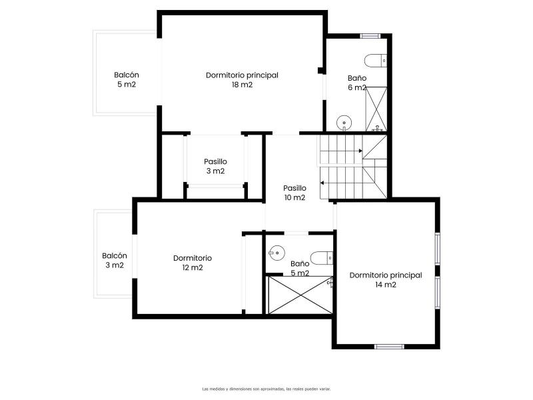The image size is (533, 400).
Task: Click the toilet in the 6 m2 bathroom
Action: coord(376,61)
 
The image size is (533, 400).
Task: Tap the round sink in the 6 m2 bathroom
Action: coord(344,123)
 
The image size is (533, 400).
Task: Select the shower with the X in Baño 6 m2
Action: coord(376,109)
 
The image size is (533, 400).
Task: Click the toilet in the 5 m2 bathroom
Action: coord(322,258)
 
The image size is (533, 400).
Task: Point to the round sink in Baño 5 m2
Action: coord(276,253)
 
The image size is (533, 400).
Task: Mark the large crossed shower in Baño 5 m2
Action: coord(300,295)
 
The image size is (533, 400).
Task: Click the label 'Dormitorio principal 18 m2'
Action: coord(242,80)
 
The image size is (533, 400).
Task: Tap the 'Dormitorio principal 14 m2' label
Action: coord(386,280)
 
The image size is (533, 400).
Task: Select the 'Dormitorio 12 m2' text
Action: coord(193,263)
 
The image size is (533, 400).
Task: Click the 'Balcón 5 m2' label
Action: coord(127,79)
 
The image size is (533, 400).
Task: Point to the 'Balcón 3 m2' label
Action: coord(115,261)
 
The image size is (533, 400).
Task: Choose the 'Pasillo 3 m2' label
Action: coord(215,166)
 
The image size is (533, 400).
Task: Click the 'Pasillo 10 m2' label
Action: coord(294,193)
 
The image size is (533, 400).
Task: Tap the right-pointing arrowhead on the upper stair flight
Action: coord(360,151)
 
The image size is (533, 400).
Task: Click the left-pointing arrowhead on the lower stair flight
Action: coord(322,183)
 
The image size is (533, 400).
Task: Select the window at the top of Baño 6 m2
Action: coord(370,36)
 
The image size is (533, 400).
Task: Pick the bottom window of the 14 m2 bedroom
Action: coord(389,347)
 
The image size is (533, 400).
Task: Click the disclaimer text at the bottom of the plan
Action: coord(266,389)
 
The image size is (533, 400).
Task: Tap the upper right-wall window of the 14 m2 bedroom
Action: coord(438,249)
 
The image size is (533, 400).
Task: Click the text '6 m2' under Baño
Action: coord(357,87)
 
